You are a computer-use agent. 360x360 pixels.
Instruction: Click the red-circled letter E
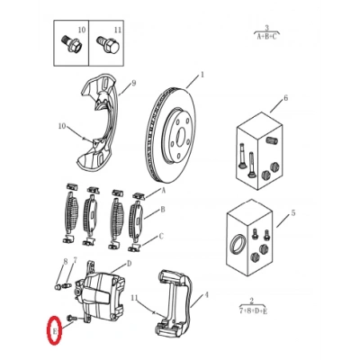55,331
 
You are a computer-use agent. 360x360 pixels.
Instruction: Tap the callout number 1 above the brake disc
202,75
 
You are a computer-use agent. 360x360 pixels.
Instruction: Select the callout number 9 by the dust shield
134,83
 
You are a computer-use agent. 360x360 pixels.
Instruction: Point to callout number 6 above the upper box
285,98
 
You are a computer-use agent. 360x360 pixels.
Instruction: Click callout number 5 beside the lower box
293,213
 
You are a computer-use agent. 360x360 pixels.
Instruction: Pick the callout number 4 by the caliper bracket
206,295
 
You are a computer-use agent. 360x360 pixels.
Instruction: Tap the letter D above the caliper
129,264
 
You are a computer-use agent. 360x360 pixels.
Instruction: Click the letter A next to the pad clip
164,190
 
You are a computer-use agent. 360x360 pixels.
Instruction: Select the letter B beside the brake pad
163,210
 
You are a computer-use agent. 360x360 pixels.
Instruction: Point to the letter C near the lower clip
161,237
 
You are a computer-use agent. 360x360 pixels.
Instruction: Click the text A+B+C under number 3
266,37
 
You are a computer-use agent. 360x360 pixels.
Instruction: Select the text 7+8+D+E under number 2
254,311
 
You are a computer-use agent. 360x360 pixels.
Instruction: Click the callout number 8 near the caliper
65,261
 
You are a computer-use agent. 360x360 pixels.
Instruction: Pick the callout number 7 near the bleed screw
75,260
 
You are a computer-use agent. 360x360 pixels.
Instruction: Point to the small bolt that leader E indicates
72,318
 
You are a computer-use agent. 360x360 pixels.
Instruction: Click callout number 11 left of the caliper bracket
135,298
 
